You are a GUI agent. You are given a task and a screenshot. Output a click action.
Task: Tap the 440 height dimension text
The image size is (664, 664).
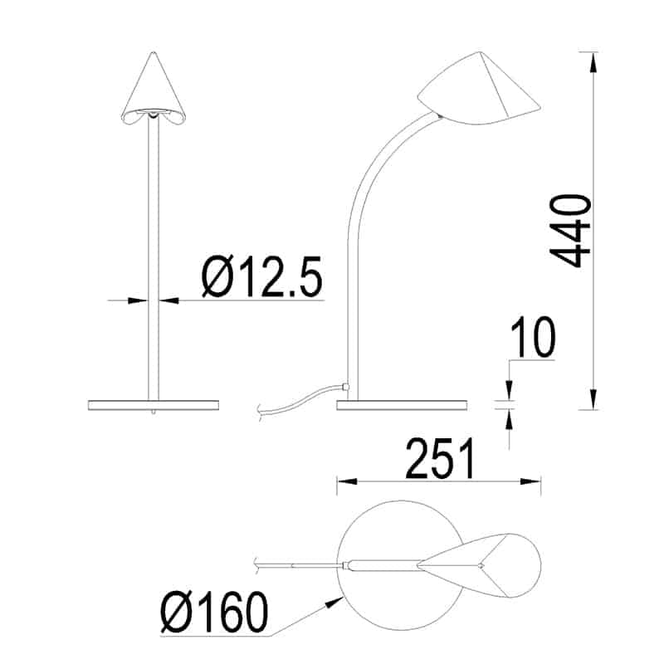tap(572, 231)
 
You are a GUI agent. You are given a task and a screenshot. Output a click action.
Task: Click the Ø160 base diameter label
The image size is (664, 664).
tap(215, 613)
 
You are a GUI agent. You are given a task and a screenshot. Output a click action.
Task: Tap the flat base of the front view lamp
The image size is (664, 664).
tap(153, 404)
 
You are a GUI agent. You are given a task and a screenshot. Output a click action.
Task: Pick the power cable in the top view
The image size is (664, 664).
tap(299, 564)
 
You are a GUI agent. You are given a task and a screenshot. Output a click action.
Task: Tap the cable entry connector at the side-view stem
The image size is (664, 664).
tap(344, 387)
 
